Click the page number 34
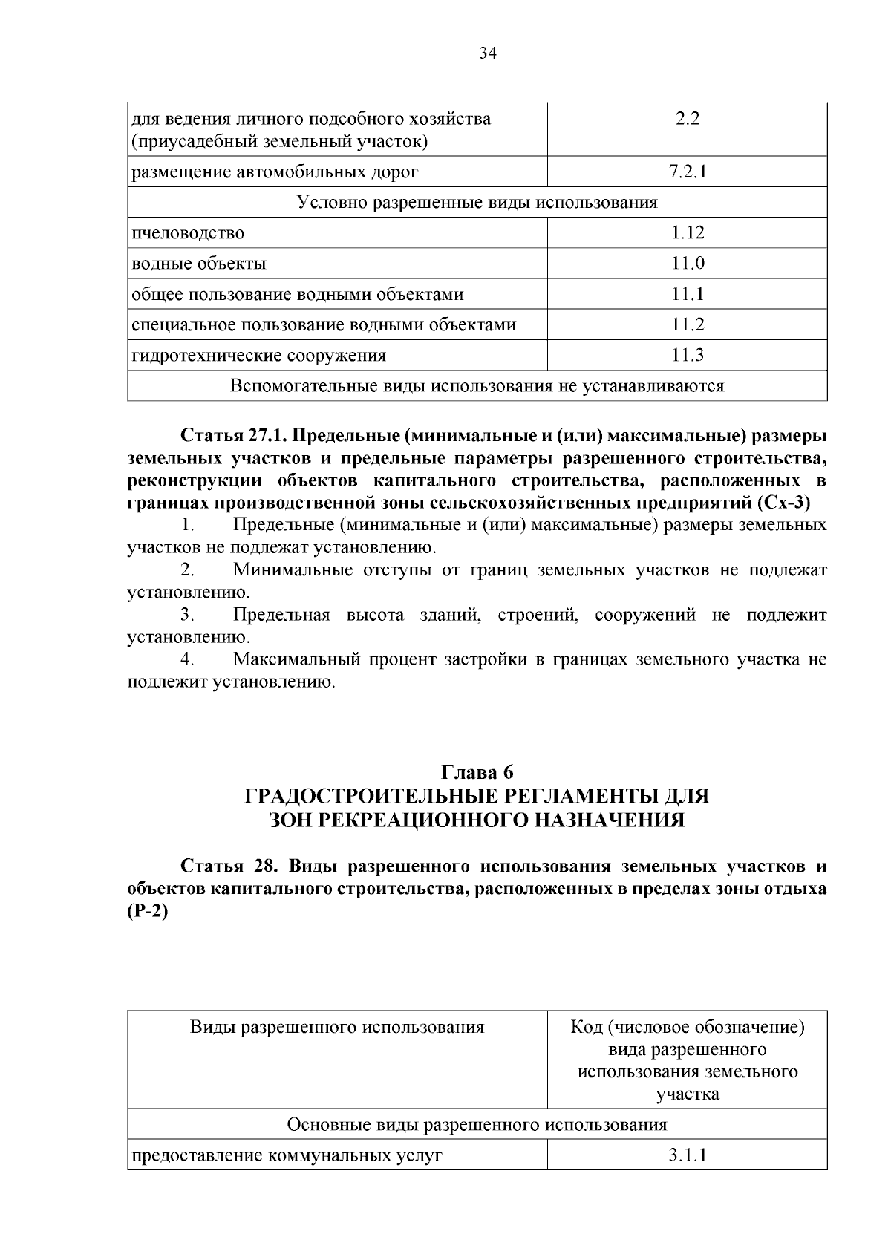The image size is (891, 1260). [487, 53]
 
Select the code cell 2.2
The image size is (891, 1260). [688, 119]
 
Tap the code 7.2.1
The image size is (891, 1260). [688, 172]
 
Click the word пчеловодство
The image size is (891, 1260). [188, 233]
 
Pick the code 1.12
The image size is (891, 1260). [688, 233]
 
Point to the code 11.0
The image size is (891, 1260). [688, 264]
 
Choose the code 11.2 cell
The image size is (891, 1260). [688, 324]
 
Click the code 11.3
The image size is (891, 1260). [688, 355]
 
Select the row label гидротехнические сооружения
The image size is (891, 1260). [258, 355]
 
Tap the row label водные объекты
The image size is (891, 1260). [198, 264]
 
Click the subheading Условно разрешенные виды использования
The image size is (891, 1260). [477, 203]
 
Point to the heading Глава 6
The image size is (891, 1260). [477, 772]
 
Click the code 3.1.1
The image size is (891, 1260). [688, 1155]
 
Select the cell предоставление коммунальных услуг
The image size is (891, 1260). [287, 1155]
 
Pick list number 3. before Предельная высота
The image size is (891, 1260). [187, 615]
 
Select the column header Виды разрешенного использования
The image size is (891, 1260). [337, 1028]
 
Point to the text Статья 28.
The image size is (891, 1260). [223, 866]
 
